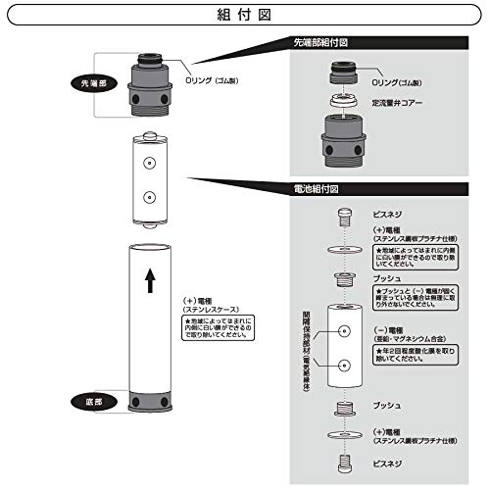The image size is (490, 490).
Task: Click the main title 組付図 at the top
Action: [244, 16]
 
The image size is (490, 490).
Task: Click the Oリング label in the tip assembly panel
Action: [400, 84]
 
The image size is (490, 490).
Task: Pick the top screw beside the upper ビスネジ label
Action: [343, 214]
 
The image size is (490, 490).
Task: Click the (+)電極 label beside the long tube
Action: [200, 301]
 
